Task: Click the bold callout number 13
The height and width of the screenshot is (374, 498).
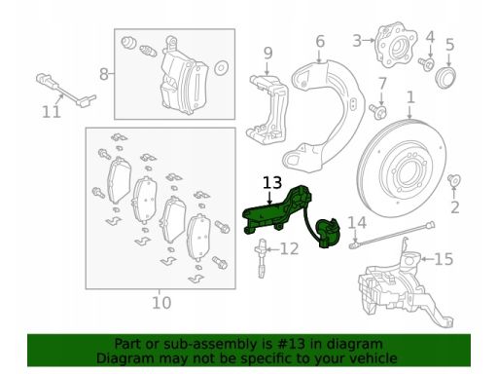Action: [272, 183]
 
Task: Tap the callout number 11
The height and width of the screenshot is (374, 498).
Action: [52, 112]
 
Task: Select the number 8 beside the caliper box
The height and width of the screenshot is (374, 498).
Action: [103, 74]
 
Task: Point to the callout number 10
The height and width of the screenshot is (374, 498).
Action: [161, 303]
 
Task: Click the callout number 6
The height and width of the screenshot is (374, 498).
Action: [320, 42]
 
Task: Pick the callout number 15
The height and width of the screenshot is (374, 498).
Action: [444, 259]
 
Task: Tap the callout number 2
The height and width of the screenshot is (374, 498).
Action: [455, 207]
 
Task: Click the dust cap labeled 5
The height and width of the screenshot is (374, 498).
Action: [445, 78]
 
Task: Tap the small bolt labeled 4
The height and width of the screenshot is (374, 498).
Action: [426, 63]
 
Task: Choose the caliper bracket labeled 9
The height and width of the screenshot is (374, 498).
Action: [268, 109]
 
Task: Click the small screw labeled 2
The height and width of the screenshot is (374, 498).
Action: [454, 180]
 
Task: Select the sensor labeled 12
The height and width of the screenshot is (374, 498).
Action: [262, 258]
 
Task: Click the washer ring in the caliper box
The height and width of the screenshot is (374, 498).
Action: [222, 68]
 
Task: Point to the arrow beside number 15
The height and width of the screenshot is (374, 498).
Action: [427, 259]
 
